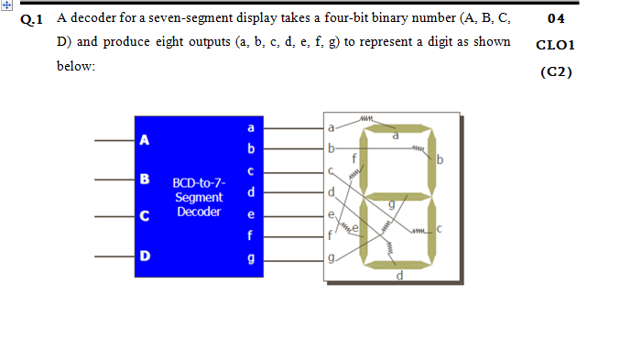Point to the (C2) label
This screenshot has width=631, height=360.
(555, 71)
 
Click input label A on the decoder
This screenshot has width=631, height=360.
(144, 140)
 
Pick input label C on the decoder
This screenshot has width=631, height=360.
(144, 216)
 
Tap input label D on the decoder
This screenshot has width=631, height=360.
(144, 254)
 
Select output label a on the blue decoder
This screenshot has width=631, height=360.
(250, 127)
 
